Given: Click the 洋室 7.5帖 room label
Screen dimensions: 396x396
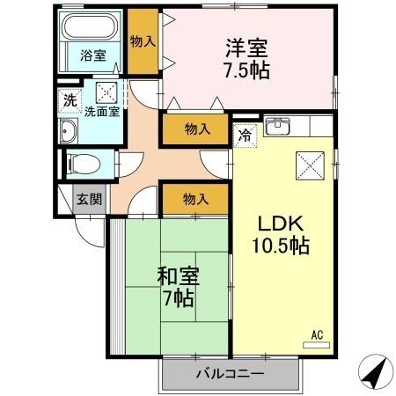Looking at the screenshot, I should [x=246, y=58].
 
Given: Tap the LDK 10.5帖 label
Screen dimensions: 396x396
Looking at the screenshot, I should [x=282, y=234].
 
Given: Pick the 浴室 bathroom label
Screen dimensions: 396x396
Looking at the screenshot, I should [x=92, y=56].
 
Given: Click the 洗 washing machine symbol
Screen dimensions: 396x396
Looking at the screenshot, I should [x=70, y=100].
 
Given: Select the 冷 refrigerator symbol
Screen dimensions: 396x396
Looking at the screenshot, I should [x=245, y=136].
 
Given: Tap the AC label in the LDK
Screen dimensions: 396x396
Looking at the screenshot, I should [x=318, y=334].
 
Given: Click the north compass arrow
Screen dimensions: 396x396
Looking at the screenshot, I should [x=378, y=372].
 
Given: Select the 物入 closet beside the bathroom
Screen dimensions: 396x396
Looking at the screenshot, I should [x=143, y=41].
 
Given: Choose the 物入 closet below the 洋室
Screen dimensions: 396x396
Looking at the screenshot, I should [x=197, y=129].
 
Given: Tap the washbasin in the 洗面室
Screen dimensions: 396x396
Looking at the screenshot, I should [x=70, y=132].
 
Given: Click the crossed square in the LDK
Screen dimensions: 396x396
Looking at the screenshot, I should [x=312, y=164].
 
